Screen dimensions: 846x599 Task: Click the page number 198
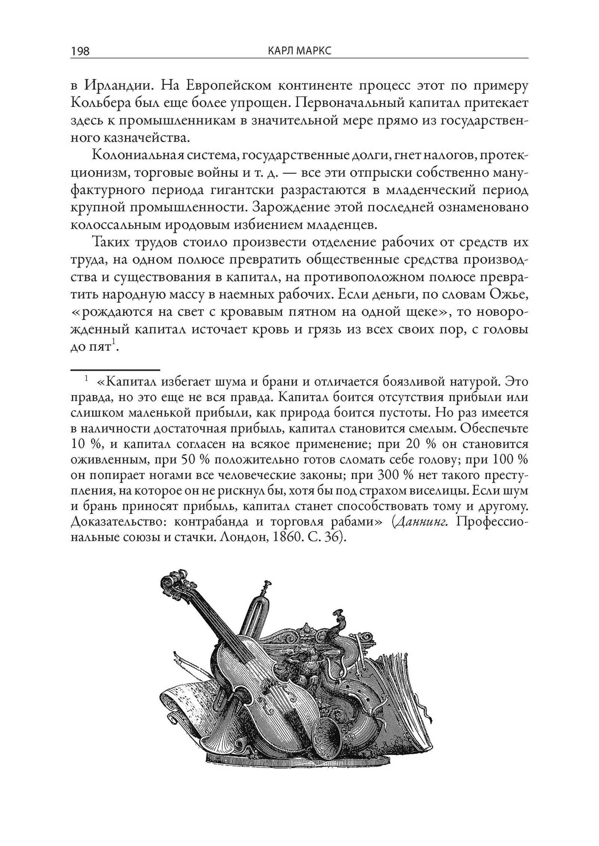tap(80, 51)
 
